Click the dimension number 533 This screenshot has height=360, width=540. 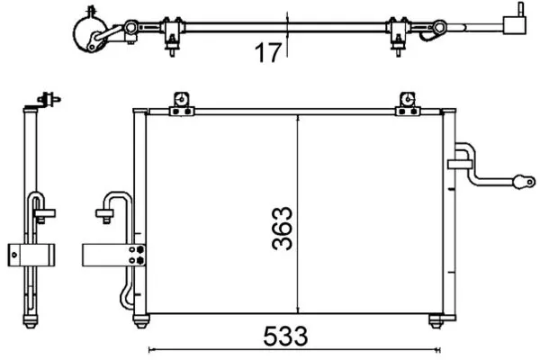(x=285, y=337)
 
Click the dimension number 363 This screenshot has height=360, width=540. (x=282, y=228)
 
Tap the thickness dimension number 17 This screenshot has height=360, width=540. (x=268, y=52)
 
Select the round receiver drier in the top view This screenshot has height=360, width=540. (x=89, y=33)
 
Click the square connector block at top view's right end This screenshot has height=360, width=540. (x=515, y=25)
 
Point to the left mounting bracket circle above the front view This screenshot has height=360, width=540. (x=181, y=100)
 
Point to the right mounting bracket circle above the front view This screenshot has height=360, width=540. (x=408, y=100)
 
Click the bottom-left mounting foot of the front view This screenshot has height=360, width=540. (x=141, y=321)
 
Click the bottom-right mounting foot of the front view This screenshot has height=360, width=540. (x=436, y=321)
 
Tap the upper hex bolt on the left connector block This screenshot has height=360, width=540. (x=139, y=249)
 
